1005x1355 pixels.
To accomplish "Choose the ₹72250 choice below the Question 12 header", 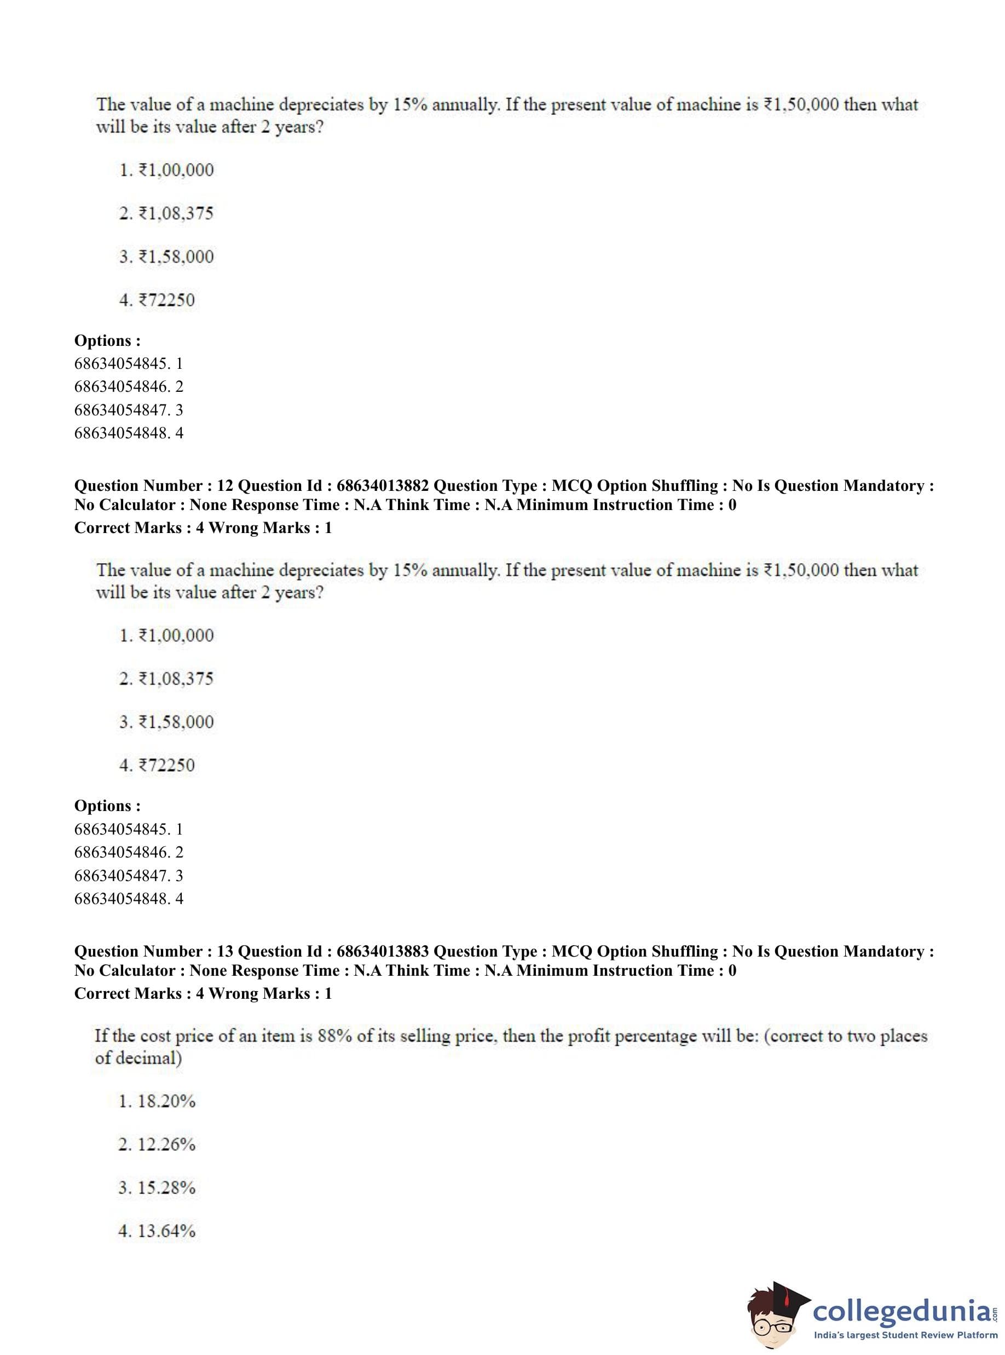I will (167, 765).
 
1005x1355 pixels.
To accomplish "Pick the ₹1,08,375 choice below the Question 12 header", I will (176, 679).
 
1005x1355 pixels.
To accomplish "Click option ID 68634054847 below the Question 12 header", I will (122, 876).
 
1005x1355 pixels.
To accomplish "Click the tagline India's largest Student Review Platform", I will (905, 1335).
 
